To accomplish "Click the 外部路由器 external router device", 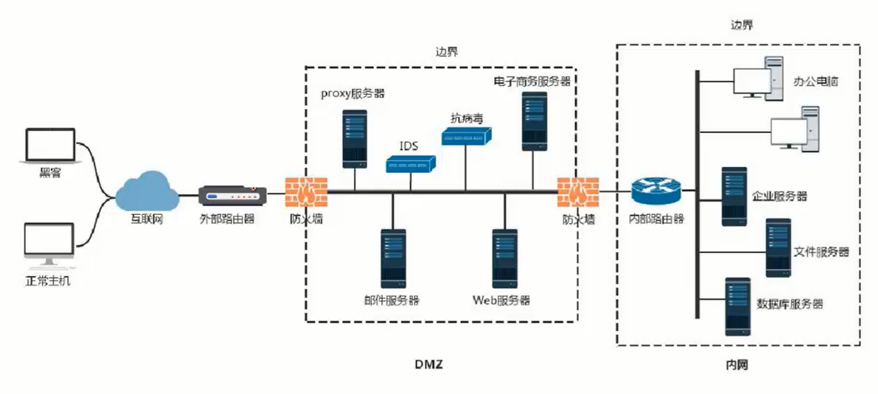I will coord(231,195).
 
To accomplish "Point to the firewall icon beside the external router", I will coord(305,192).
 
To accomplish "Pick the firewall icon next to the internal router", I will coord(578,192).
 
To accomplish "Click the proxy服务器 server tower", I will coord(354,139).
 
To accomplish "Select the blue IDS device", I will coord(411,163).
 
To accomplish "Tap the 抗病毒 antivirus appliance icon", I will coord(467,136).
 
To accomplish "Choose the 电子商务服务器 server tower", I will coord(535,121).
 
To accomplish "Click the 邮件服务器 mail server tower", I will coord(393,257).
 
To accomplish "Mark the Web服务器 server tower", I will coord(504,257).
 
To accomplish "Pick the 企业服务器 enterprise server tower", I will coord(734,197).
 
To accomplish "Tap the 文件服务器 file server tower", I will coord(778,248).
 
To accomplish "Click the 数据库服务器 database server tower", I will coord(738,307).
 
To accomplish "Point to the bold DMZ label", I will coord(428,365).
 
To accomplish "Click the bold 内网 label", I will coord(736,365).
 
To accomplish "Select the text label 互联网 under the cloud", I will coord(147,219).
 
